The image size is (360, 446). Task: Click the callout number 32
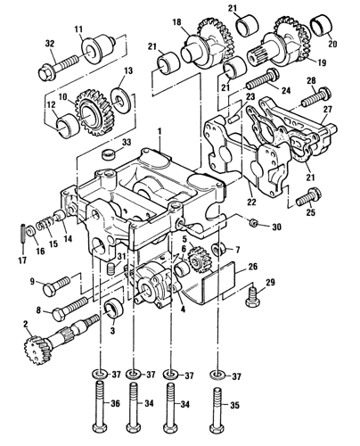tap(50, 44)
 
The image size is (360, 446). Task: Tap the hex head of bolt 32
tap(45, 73)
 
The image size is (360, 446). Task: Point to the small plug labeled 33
tap(108, 154)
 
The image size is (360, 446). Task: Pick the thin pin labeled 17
tap(23, 235)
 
